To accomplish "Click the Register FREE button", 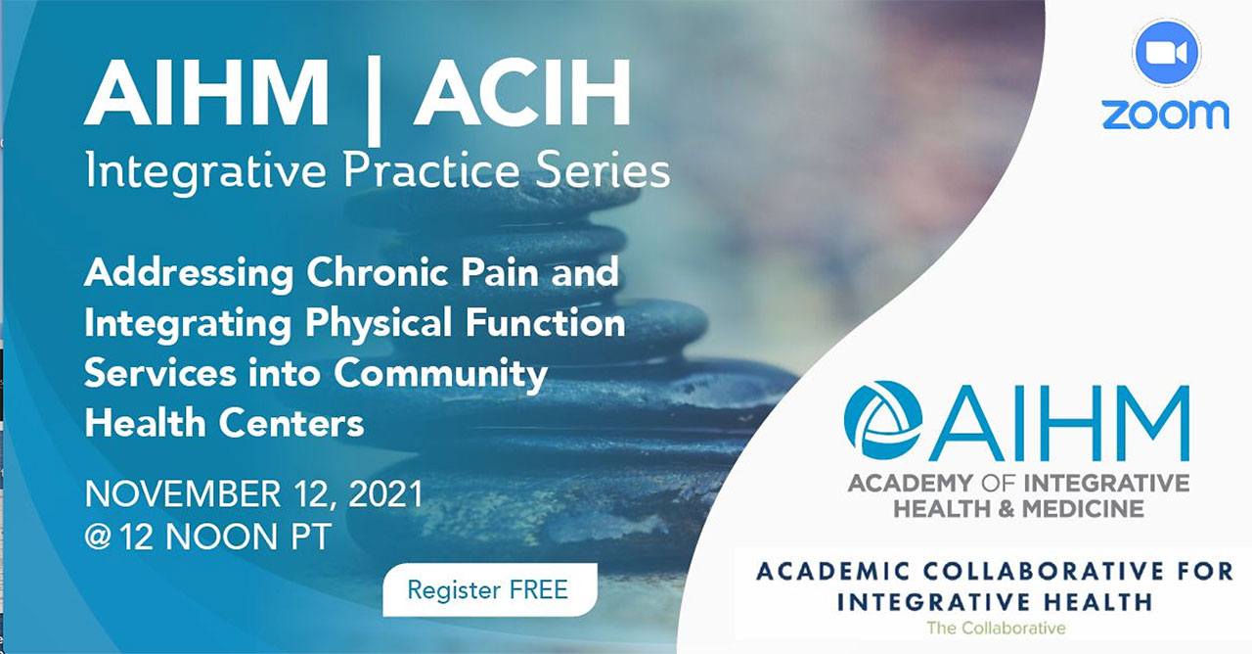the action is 490,589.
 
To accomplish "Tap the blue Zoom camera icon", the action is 1166,53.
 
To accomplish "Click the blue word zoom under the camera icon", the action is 1165,115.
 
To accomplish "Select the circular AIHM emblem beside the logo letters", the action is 883,421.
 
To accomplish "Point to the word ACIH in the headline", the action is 521,93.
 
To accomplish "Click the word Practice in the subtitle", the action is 431,170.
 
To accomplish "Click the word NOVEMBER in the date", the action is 183,493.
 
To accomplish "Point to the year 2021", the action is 386,493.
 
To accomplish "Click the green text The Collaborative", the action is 996,628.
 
